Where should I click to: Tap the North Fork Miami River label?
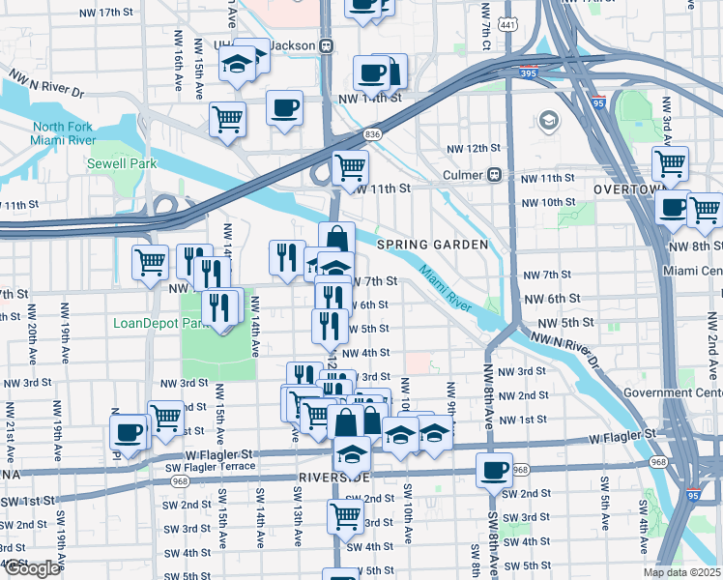coord(64,134)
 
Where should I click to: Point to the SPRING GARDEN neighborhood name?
coord(432,245)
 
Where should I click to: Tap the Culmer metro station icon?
coord(493,175)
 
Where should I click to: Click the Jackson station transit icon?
coord(327,45)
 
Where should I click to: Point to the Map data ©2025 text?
coord(680,572)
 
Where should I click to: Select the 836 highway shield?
coord(372,133)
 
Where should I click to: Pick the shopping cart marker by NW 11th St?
coord(350,167)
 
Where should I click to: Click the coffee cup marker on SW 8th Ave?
coord(494,470)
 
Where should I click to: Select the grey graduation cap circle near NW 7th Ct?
coord(549,121)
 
